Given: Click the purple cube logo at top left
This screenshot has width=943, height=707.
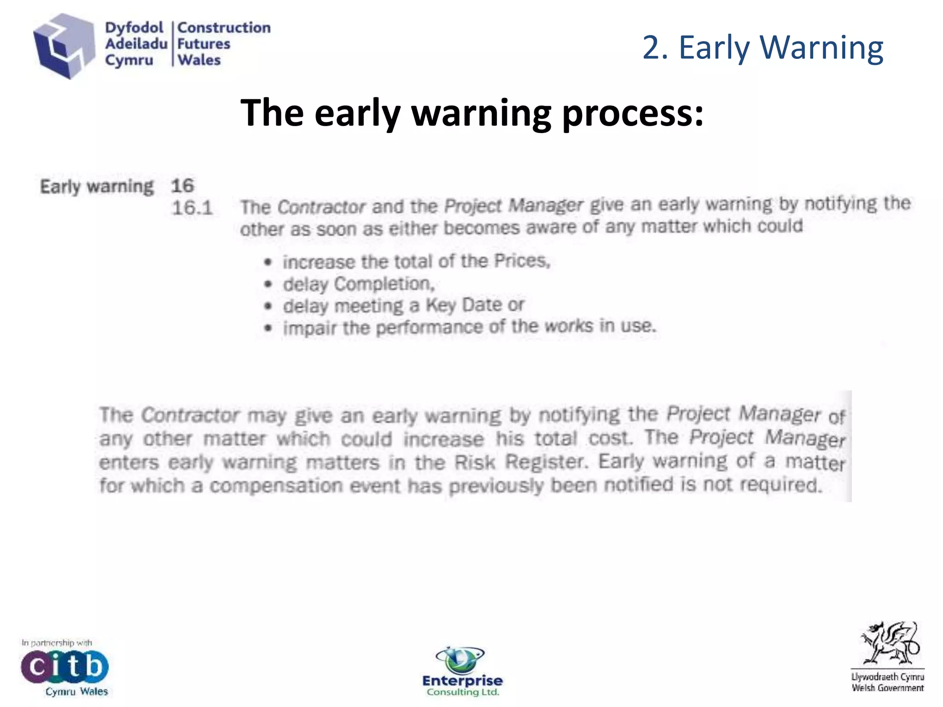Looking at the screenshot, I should coord(64,46).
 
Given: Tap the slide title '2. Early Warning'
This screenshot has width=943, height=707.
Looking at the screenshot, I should coord(763,47).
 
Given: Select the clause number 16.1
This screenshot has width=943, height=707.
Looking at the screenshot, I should coord(192,208).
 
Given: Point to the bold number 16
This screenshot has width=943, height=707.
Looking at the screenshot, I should coord(182,186).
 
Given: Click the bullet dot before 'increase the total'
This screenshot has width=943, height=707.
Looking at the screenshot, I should coord(268,262).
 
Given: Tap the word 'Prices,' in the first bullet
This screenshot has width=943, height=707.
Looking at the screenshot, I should coord(522,261).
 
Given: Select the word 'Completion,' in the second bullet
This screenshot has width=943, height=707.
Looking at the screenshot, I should coord(384,284).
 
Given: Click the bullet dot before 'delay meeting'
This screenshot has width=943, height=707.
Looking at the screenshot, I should coord(268,306).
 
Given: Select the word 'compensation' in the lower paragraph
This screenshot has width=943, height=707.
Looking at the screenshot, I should coord(276,486).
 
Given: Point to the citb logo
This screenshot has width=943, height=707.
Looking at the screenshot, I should coord(64,666).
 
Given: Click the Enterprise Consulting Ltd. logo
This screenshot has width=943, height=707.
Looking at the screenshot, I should coord(462,672).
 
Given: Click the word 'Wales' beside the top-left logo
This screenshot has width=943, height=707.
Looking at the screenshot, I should coord(199,60).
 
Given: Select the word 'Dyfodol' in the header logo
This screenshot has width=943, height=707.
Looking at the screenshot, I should coord(134,28).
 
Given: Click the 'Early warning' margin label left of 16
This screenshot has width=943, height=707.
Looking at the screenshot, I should coord(97,187).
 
